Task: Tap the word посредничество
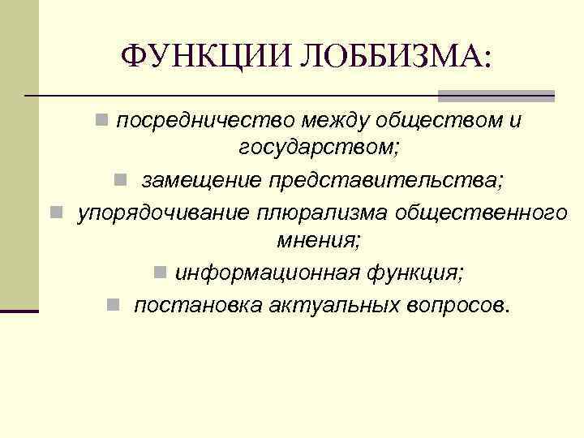205,122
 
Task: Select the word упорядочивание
163,212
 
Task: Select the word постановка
191,305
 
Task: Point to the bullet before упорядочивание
55,212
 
